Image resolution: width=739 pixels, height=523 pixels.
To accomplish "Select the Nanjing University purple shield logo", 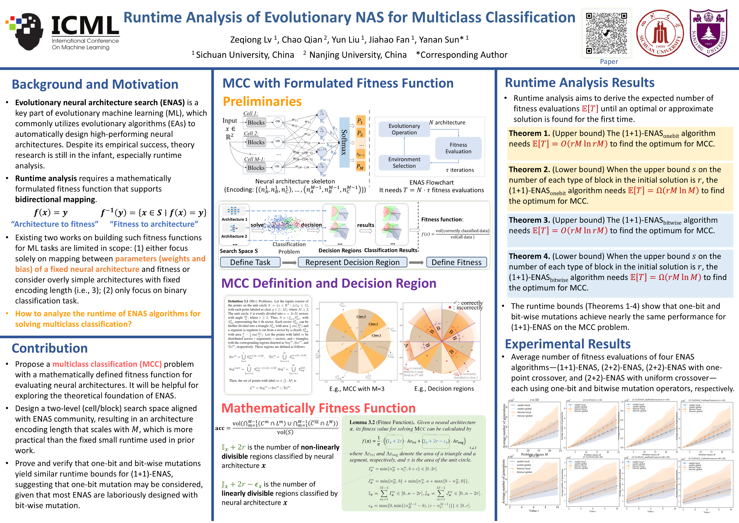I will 708,33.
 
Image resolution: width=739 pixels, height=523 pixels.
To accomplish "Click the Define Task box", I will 250,262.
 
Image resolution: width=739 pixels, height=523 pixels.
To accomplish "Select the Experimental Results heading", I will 567,344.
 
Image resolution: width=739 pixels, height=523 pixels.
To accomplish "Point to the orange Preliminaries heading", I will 262,102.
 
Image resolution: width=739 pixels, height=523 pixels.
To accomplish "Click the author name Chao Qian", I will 302,40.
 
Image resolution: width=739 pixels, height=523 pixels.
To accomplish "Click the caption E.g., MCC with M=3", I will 357,389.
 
